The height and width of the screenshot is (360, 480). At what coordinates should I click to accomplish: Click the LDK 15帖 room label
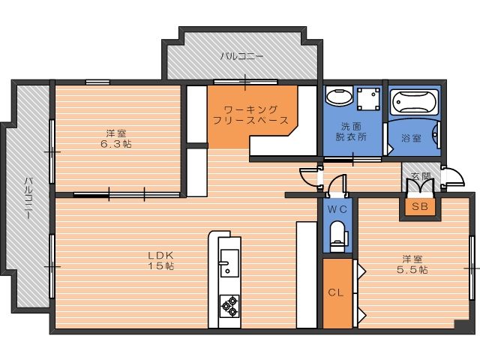160,259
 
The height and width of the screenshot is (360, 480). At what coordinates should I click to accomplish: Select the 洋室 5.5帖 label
413,264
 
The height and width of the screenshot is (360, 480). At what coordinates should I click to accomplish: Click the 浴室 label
410,138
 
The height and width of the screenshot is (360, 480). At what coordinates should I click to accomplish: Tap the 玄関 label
421,176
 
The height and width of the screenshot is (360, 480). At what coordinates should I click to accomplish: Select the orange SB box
417,206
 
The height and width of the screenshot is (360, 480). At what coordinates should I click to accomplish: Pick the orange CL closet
335,292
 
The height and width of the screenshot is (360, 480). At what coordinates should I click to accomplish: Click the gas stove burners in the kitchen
228,306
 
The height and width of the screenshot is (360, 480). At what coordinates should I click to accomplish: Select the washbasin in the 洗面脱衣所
339,98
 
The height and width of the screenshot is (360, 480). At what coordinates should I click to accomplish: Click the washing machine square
367,100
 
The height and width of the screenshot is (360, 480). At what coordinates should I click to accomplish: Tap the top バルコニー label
241,56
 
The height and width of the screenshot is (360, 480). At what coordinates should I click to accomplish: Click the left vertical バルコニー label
28,196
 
